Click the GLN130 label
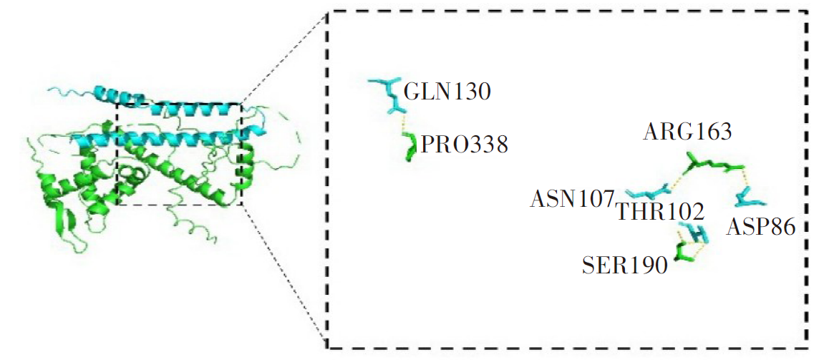click(447, 92)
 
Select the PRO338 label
click(464, 146)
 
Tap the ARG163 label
click(687, 132)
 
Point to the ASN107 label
click(572, 198)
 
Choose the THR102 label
click(660, 211)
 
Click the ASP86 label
click(760, 228)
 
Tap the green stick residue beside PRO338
click(410, 149)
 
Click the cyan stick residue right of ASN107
click(648, 193)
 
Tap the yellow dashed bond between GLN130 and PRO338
click(405, 127)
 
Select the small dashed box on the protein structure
click(178, 154)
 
